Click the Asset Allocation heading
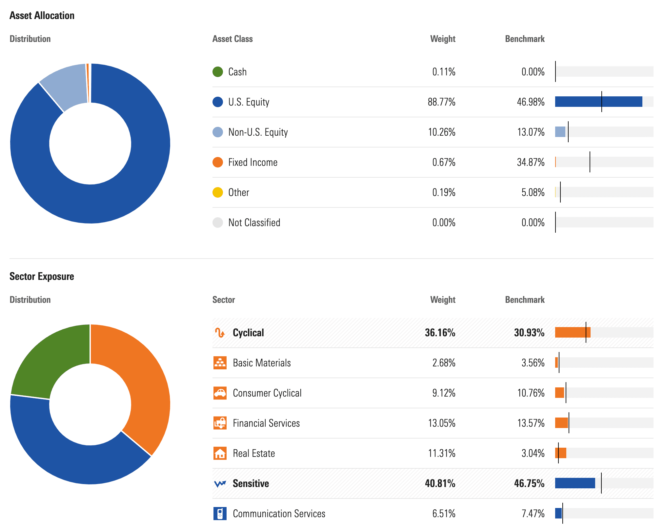pyautogui.click(x=42, y=15)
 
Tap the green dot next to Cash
pyautogui.click(x=218, y=72)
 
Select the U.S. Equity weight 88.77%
pyautogui.click(x=441, y=102)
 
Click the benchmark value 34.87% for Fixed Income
pyautogui.click(x=531, y=162)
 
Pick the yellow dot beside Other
pyautogui.click(x=218, y=192)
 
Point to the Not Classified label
pyautogui.click(x=254, y=223)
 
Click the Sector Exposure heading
pyautogui.click(x=42, y=276)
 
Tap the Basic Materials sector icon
pyautogui.click(x=220, y=363)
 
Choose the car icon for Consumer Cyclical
pyautogui.click(x=220, y=393)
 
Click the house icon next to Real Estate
pyautogui.click(x=220, y=453)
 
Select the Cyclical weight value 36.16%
pyautogui.click(x=440, y=333)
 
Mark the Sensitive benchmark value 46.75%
pyautogui.click(x=529, y=483)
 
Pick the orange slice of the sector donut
pyautogui.click(x=144, y=387)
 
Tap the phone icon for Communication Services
pyautogui.click(x=220, y=514)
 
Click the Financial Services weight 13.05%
pyautogui.click(x=441, y=423)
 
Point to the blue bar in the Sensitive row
pyautogui.click(x=575, y=483)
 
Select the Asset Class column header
pyautogui.click(x=232, y=39)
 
